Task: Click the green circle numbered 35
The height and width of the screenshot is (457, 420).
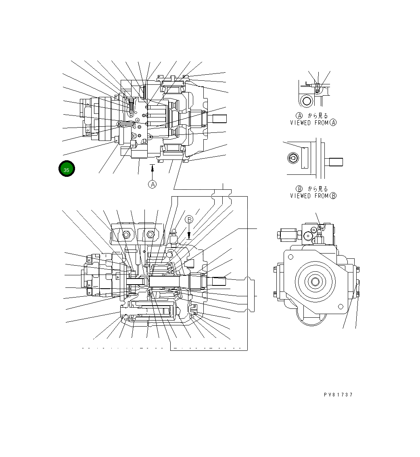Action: click(67, 169)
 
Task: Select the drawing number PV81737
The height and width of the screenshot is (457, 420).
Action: click(338, 395)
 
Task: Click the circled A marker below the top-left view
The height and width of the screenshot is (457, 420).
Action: click(152, 184)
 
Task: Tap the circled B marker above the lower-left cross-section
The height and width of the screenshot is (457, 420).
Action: click(189, 220)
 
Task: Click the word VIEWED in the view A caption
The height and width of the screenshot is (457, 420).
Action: click(301, 123)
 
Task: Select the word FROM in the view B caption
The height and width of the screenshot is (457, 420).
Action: click(321, 196)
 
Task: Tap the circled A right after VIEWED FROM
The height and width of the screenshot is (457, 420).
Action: click(333, 123)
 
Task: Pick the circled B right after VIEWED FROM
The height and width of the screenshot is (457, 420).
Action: click(333, 196)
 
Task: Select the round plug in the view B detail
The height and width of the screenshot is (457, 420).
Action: click(292, 158)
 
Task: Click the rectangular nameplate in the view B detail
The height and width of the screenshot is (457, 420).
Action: click(305, 157)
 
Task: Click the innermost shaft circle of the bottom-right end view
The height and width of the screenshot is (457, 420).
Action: click(315, 281)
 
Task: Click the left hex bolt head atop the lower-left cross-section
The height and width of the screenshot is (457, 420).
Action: click(126, 235)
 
